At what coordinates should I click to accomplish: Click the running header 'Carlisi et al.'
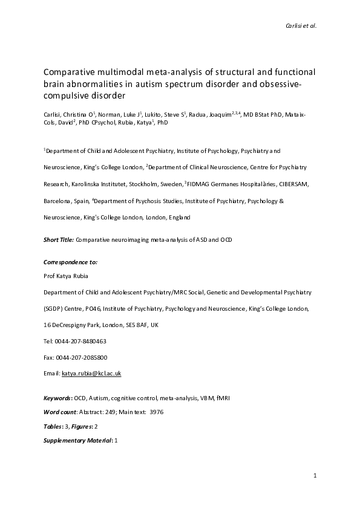coord(299,25)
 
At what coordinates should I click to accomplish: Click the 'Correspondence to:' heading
coord(70,261)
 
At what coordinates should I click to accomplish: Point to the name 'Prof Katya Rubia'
coord(65,276)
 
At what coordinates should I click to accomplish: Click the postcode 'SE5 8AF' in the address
coord(137,325)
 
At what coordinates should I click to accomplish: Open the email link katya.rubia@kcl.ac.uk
coord(91,374)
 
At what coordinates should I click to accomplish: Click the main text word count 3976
coord(155,412)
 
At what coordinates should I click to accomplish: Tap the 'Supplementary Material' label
coord(77,441)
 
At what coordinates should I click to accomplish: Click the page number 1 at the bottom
coord(315,476)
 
